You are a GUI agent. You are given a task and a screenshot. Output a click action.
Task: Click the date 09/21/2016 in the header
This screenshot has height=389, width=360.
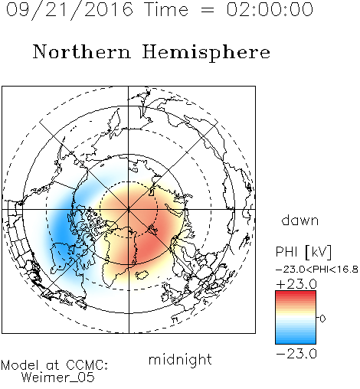[x=70, y=10]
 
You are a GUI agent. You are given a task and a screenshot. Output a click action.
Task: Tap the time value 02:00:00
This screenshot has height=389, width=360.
[x=270, y=9]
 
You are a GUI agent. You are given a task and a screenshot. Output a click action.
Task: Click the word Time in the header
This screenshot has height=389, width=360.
[x=166, y=9]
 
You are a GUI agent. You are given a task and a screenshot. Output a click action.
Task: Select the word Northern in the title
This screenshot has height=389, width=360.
[x=82, y=52]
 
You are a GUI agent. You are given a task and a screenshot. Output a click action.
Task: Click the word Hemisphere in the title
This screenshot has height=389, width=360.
[x=206, y=53]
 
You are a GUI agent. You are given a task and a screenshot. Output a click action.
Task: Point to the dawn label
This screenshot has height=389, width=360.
[x=300, y=221]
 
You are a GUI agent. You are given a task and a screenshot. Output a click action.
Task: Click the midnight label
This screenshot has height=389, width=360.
[x=180, y=359]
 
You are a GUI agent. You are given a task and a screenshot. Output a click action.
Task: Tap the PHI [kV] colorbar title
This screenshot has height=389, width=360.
[x=303, y=252]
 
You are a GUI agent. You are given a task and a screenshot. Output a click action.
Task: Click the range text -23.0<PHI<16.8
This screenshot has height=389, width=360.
[x=317, y=270]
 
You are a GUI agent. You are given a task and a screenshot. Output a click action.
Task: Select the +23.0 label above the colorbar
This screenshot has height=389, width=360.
[x=296, y=284]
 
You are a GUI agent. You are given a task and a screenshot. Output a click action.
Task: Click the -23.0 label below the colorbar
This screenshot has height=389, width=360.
[x=296, y=354]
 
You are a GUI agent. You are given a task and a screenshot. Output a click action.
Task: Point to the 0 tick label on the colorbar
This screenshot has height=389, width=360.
[x=322, y=319]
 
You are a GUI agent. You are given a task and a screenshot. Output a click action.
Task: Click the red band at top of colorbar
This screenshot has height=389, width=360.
[x=296, y=294]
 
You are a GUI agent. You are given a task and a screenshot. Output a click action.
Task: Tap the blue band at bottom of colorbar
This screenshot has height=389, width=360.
[x=296, y=341]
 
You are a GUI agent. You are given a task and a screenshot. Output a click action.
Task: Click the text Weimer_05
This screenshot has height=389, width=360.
[x=58, y=378]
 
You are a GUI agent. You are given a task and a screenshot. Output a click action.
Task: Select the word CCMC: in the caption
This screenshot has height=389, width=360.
[x=87, y=365]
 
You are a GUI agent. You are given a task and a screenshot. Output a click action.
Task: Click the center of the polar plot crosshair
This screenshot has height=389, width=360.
[x=129, y=209]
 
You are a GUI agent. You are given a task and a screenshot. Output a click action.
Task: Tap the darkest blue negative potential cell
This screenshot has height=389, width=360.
[x=61, y=230]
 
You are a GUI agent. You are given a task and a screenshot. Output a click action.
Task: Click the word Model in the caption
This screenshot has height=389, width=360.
[x=20, y=365]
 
